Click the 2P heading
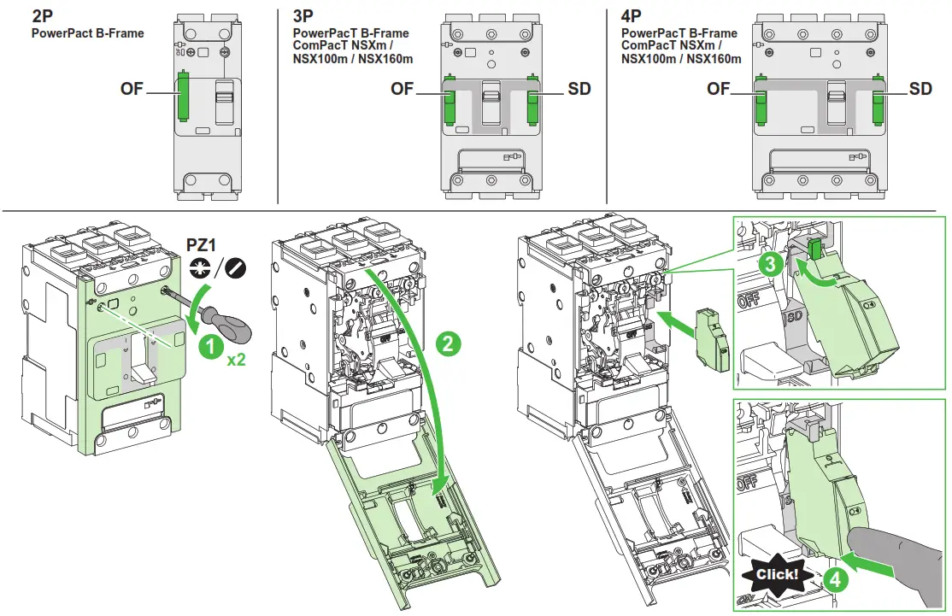pyautogui.click(x=44, y=15)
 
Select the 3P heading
pyautogui.click(x=304, y=15)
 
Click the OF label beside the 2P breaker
pyautogui.click(x=132, y=89)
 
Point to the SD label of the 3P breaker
pyautogui.click(x=579, y=89)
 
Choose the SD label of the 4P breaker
pyautogui.click(x=920, y=89)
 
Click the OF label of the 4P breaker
pyautogui.click(x=719, y=89)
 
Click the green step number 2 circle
pyautogui.click(x=448, y=343)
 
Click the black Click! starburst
pyautogui.click(x=777, y=574)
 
